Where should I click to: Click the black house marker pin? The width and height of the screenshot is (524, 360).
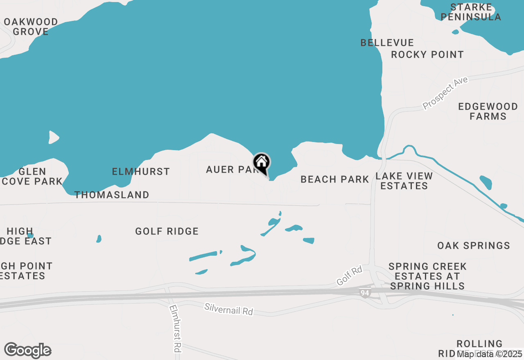pos(262,163)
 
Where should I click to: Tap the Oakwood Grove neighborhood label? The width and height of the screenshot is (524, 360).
pos(31,27)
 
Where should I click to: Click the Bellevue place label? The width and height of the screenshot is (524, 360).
pos(387,43)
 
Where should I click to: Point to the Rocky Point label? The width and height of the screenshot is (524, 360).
pos(427,54)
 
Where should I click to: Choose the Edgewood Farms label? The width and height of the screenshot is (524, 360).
pos(488,111)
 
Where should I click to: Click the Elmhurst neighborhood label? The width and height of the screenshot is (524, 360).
pos(141,171)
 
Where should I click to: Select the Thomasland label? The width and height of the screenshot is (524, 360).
pos(111,195)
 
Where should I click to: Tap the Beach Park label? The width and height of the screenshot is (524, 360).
pos(334,179)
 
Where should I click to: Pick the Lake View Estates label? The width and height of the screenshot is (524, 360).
pos(404,181)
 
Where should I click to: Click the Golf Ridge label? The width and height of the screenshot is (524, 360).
pos(167,231)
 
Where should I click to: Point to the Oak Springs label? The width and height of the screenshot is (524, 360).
pos(473,245)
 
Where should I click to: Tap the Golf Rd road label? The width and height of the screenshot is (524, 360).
pos(349,276)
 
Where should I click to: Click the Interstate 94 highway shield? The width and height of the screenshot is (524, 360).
pos(364,293)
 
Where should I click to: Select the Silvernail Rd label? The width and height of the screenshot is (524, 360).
pos(229,309)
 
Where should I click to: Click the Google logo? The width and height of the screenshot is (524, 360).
pos(27,350)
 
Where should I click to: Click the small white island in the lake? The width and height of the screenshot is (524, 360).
pos(54,137)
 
